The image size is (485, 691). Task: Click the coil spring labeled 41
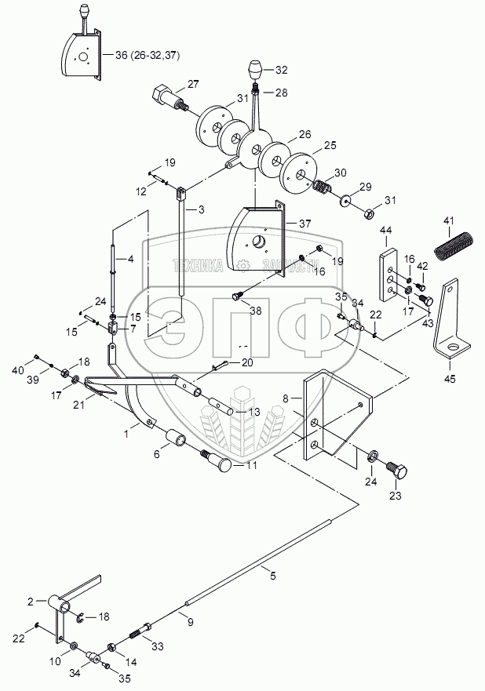coord(454,245)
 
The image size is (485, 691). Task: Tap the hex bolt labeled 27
coord(170,99)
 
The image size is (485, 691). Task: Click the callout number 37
coord(304,224)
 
